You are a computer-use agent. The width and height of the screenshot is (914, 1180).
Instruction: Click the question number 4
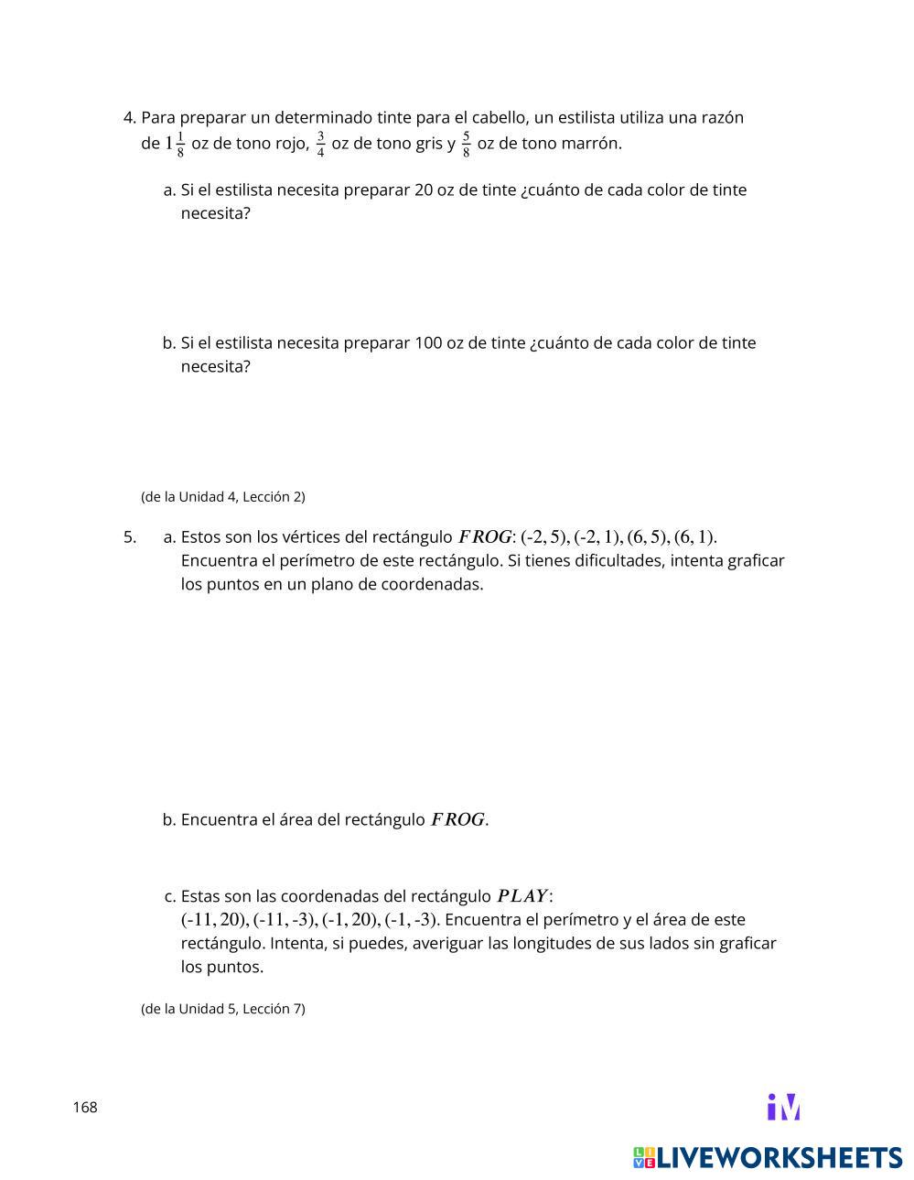[129, 118]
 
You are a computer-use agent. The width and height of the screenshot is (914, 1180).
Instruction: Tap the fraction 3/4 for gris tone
[320, 145]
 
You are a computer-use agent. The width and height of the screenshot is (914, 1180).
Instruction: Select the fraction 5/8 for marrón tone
[466, 145]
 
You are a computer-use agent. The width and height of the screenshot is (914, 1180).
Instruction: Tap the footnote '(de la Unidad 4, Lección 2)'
[222, 497]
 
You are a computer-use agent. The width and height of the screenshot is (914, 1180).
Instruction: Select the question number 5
[129, 537]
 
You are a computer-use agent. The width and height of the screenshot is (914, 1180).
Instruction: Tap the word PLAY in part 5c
[522, 896]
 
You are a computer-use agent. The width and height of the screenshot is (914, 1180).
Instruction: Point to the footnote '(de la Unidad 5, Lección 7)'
[222, 1009]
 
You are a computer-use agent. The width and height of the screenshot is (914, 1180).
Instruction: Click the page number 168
[85, 1108]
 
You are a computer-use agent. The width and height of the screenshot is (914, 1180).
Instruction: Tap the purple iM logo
[784, 1107]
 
